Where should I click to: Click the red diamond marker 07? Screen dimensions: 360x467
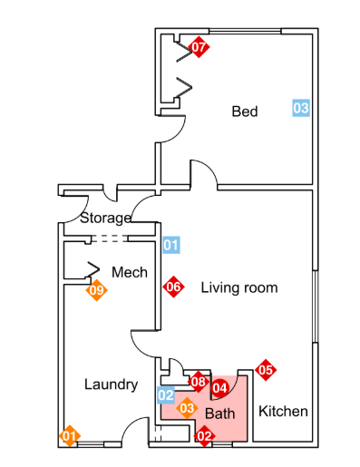199,47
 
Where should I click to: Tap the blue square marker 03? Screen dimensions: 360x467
301,108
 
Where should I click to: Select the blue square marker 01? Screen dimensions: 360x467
171,245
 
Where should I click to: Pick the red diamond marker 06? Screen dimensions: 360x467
173,287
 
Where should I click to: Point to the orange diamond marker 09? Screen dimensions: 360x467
96,290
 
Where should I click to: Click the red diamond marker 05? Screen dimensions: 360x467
266,370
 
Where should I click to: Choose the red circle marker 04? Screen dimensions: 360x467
219,388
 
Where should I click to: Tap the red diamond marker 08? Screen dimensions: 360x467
199,382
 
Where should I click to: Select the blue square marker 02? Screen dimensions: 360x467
166,395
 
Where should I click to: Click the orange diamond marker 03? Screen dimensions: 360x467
187,408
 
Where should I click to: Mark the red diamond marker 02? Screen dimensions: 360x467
204,436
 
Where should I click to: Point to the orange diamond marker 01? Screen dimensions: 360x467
70,436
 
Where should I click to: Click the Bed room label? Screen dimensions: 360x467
245,112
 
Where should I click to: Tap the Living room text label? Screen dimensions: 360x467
239,287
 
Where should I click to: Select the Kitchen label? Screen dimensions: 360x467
283,412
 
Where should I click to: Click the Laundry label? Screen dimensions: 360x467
111,384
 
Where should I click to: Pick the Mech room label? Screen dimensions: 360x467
130,272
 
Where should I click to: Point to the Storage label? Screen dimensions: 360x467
105,219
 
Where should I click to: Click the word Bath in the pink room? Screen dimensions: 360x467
219,413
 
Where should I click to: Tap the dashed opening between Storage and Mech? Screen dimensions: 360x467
110,238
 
